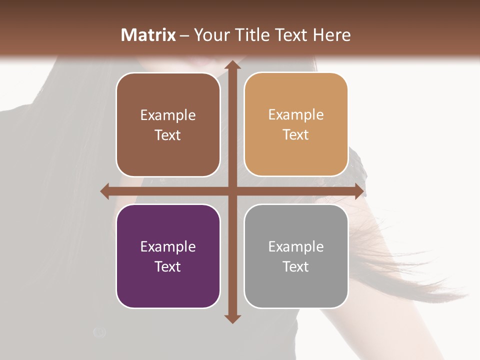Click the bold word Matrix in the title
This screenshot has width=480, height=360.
(148, 35)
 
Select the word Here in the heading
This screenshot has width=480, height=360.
(331, 35)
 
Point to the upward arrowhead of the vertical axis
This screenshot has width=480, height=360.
(232, 65)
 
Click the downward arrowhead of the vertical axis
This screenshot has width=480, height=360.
(232, 318)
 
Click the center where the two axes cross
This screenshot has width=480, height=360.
(232, 191)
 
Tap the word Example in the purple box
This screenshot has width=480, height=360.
(168, 247)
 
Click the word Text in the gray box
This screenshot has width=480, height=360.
(296, 266)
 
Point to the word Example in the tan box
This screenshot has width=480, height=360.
(296, 115)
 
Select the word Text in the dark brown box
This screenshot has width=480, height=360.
(168, 135)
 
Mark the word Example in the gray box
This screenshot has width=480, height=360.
(296, 247)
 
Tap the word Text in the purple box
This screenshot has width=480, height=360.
(168, 266)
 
